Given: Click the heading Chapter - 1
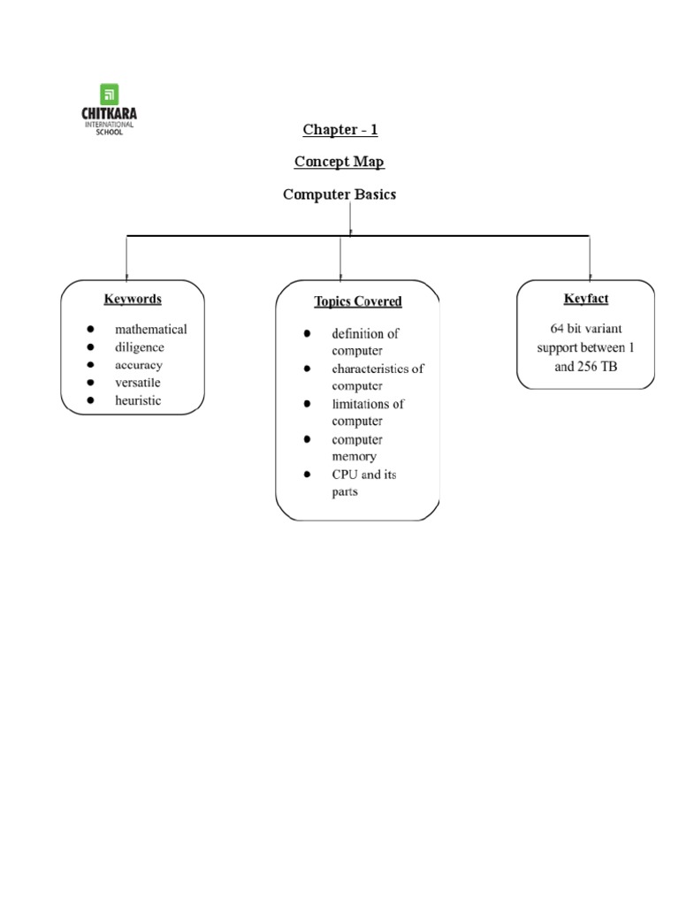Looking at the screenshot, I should point(339,130).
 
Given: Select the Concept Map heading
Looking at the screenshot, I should point(339,163).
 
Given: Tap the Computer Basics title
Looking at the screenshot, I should point(339,194).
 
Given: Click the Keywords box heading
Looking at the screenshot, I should point(133,299).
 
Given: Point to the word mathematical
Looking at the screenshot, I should point(150,329).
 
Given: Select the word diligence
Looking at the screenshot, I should point(139,347).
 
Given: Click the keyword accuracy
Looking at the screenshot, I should point(139,365).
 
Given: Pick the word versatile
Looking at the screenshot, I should point(138,383).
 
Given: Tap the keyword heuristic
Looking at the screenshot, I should point(138,400).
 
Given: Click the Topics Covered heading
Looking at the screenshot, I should point(358,301).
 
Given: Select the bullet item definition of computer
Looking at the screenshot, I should point(365,342).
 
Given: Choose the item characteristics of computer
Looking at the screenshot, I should point(378,377).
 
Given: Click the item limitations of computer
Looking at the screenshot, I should point(368,413).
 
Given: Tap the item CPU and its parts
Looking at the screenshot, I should point(363,483).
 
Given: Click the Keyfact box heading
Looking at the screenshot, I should point(586,299).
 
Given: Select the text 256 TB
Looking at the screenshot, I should point(597,367).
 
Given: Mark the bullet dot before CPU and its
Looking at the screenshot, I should point(307,475).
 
